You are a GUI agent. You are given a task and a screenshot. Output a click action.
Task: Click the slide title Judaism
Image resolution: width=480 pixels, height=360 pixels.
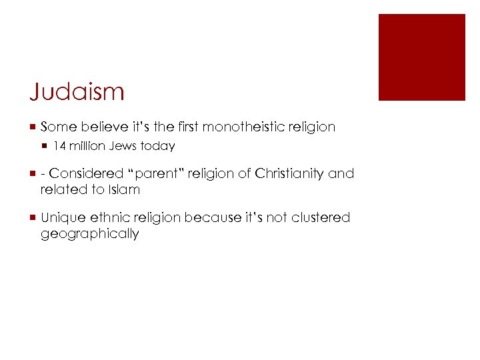[x=77, y=91]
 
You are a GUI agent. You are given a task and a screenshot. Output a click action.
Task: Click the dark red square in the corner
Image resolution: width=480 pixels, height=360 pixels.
[x=421, y=57]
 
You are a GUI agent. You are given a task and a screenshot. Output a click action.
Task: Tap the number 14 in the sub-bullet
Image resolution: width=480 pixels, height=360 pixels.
[x=59, y=146]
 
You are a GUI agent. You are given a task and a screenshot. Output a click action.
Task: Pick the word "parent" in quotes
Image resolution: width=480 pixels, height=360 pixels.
[x=154, y=173]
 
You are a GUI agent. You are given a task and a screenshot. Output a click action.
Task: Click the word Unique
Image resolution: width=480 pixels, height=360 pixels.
[x=63, y=217]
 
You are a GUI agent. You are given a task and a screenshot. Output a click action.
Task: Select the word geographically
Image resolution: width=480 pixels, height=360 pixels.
[x=89, y=233]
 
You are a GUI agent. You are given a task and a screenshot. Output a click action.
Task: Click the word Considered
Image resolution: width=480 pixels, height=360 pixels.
[x=86, y=173]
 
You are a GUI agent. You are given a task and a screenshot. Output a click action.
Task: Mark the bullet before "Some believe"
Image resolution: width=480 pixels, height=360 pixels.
[x=33, y=127]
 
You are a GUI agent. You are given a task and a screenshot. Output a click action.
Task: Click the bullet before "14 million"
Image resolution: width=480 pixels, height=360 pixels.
[x=45, y=146]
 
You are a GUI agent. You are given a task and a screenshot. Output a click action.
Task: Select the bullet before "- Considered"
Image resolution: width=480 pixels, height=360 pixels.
[x=33, y=173]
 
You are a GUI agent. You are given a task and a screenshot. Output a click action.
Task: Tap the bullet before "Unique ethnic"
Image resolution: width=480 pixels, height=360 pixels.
[x=33, y=217]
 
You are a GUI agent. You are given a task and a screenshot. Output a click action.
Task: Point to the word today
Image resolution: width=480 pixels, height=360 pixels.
[x=157, y=146]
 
